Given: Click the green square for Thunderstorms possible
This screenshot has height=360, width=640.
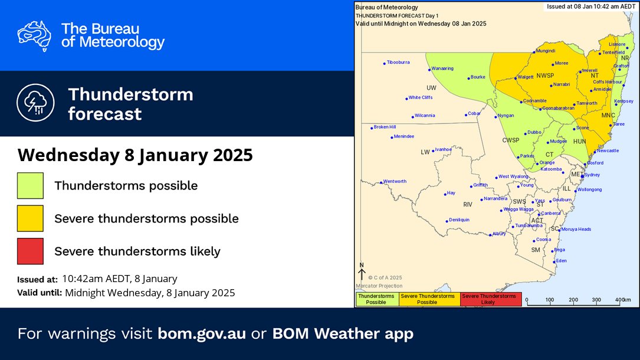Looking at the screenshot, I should tap(30, 185).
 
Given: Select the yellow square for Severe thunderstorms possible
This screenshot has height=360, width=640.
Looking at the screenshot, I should tap(30, 218).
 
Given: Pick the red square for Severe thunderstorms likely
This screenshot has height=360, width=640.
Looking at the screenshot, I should tap(30, 251).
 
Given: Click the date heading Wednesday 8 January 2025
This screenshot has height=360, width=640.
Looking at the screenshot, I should tap(135, 155).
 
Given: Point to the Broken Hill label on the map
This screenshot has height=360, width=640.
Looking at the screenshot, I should tap(385, 127).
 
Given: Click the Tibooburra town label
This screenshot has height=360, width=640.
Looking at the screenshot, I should tap(398, 62).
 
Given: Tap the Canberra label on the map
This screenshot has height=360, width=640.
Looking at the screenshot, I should tap(550, 213).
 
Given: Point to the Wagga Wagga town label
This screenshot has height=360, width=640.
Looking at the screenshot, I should tap(517, 210).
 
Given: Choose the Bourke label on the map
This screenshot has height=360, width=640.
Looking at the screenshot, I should tap(477, 77).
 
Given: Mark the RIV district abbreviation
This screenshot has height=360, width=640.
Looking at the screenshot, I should tap(468, 204).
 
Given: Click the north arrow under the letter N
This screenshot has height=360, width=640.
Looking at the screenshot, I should tap(362, 274).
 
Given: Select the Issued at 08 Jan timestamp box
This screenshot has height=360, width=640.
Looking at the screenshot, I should tap(590, 6).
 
